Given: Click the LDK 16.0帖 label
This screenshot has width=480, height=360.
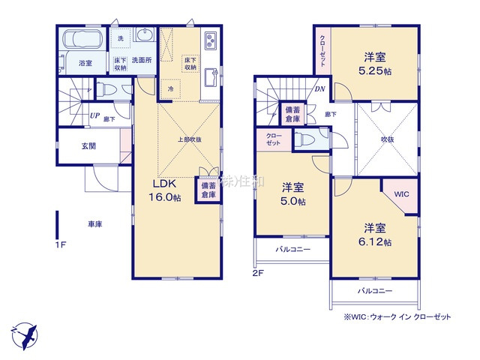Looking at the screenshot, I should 167,190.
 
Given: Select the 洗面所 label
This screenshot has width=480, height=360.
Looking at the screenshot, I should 142,59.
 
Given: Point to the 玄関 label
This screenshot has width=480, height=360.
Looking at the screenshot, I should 88,146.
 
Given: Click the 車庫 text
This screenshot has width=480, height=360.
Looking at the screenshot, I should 94,223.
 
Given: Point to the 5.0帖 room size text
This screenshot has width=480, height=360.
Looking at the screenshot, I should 293,202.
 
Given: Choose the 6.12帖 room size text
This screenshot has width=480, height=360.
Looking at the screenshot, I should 376,241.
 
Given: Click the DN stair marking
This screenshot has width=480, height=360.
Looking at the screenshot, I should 319,88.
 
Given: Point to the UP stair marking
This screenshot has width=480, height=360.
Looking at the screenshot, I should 94,115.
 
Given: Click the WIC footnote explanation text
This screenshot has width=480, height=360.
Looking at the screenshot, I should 397,317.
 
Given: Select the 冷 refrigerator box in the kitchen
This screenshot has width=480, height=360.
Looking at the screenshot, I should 170,88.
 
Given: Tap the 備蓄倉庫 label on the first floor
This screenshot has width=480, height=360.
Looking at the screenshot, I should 208,189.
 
